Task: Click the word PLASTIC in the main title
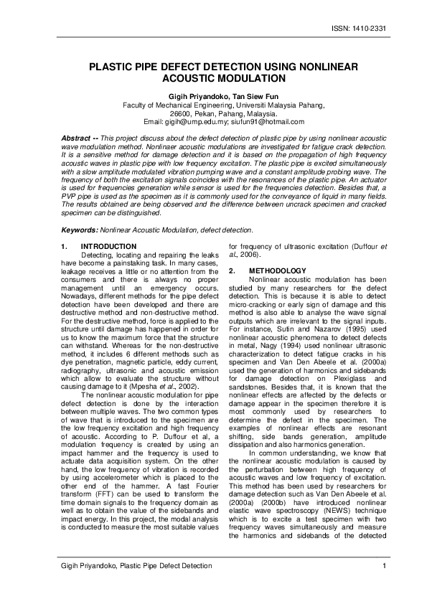(x=114, y=66)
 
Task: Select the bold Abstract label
(x=78, y=136)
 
